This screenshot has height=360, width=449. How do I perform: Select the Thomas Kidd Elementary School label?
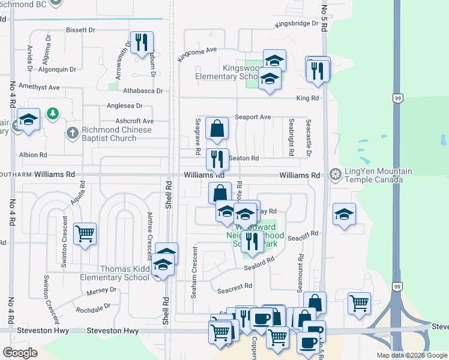pos(116,273)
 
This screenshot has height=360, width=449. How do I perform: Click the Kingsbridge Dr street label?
pos(295,24)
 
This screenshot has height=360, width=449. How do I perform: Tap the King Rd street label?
pos(307,98)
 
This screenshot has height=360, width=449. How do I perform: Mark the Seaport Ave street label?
pos(253,117)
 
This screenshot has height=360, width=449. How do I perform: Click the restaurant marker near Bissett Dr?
pos(142,42)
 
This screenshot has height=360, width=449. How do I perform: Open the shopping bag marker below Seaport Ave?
pos(217,127)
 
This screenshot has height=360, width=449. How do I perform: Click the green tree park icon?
pos(53,113)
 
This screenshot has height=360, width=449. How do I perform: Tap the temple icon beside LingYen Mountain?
pos(336,175)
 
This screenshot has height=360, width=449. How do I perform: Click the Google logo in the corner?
pos(20,353)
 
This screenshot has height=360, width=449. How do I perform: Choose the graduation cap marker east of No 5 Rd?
pos(343,214)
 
